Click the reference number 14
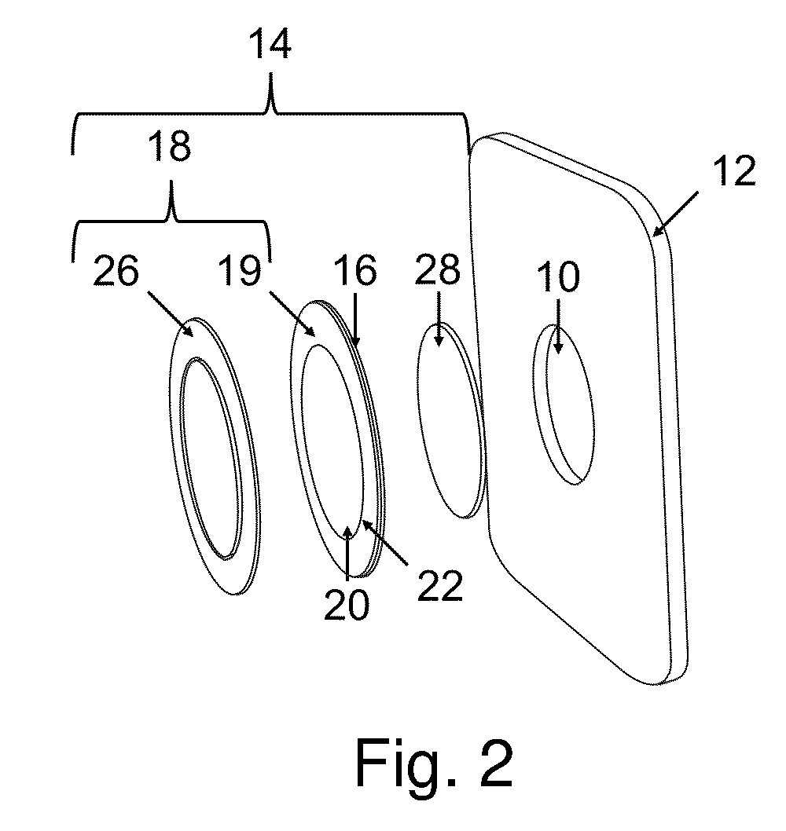(x=271, y=45)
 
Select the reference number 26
(x=116, y=271)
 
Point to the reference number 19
(x=241, y=270)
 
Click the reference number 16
(x=356, y=270)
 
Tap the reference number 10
(x=558, y=276)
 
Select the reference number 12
(x=733, y=170)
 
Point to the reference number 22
(x=440, y=586)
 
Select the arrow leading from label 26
(x=170, y=313)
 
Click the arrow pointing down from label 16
(x=355, y=320)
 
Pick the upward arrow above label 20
(x=347, y=551)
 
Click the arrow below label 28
(x=439, y=319)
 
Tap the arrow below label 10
(x=558, y=326)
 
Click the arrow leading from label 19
(x=292, y=313)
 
